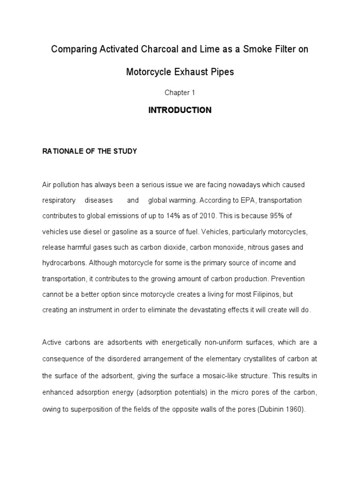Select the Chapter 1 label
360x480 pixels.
[180, 93]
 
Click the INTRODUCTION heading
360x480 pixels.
[180, 111]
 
